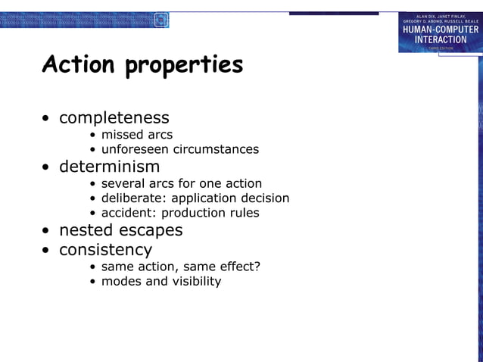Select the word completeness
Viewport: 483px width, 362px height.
114,118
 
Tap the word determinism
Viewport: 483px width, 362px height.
110,167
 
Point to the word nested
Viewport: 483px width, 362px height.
85,230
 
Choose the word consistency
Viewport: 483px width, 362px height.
106,250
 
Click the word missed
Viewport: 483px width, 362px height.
121,135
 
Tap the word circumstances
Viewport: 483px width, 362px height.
216,149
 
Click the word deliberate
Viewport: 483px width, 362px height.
132,198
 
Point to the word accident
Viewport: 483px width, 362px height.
128,213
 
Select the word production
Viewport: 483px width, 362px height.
193,213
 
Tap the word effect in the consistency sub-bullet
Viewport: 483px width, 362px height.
237,266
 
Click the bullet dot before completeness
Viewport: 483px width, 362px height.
47,119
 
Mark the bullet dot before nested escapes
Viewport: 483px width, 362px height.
47,231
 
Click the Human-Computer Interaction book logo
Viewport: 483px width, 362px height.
441,33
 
